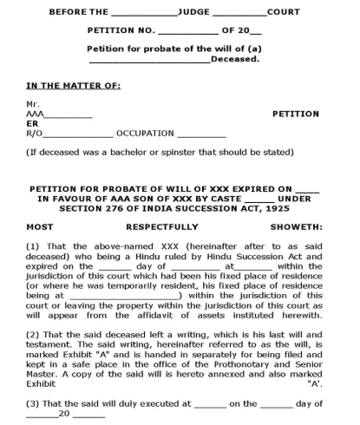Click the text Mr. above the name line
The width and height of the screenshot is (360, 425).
[33, 104]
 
